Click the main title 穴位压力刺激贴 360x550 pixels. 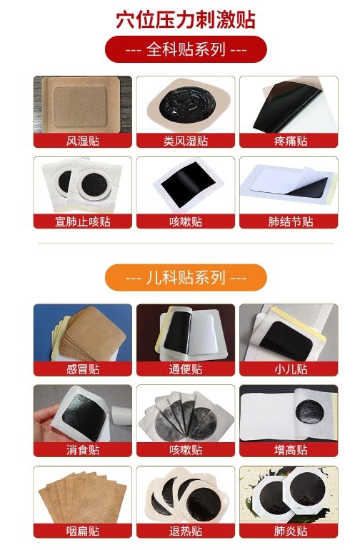pos(186,19)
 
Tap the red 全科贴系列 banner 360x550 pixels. pos(186,49)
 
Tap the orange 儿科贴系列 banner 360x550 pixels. pos(186,278)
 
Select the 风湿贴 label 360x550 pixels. pos(83,141)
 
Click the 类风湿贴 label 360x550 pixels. pos(186,141)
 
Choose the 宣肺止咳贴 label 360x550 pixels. pos(83,221)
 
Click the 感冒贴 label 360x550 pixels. pos(83,369)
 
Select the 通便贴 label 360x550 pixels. pos(186,369)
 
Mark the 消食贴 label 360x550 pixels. pos(83,450)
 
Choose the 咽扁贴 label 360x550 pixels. pos(83,531)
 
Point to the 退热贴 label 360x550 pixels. pos(186,531)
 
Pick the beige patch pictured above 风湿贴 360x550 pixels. pos(82,104)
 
